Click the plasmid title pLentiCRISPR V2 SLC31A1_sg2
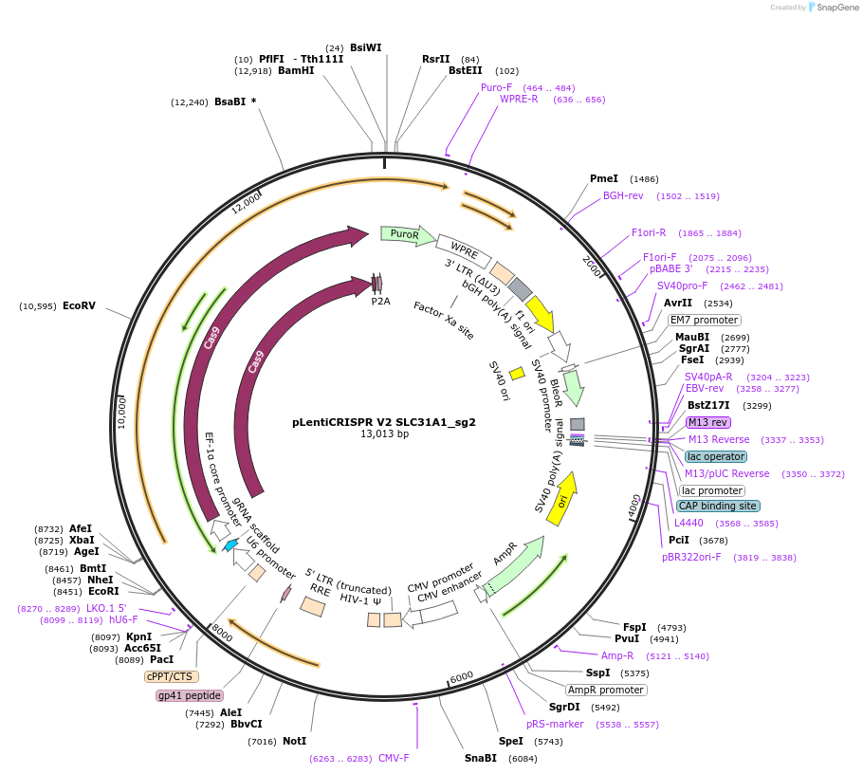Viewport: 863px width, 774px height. pos(384,422)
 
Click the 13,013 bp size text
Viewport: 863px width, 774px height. pos(384,434)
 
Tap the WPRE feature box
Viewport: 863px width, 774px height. pos(464,251)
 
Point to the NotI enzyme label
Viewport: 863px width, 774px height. pos(295,741)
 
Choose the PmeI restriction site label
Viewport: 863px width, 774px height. pos(603,178)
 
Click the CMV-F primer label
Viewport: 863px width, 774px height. pos(394,758)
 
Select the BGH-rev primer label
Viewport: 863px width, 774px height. pos(623,195)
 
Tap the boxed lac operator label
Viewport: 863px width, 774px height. pos(716,456)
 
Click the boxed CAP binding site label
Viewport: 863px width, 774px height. pos(717,506)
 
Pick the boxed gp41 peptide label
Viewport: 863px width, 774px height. pos(190,695)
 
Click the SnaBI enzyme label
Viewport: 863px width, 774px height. pos(480,758)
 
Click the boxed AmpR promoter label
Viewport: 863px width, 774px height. pos(605,690)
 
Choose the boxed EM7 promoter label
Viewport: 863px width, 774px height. pos(704,320)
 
